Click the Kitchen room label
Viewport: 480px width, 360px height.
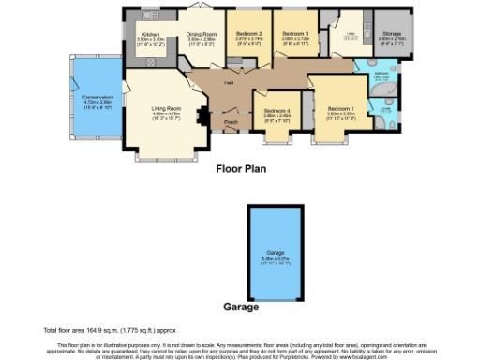coord(150,34)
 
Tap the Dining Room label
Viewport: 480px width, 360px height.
coord(202,34)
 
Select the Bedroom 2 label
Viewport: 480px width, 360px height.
coord(247,34)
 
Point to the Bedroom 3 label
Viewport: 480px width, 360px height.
coord(294,34)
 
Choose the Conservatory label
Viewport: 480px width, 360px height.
coord(97,97)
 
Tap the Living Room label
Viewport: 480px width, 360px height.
coord(165,108)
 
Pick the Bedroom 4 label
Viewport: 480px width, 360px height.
coord(277,111)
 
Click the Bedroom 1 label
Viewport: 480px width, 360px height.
coord(338,109)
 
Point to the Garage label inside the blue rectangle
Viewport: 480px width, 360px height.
coord(275,253)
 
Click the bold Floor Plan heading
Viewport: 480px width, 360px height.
coord(241,170)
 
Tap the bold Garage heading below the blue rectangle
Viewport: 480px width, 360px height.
coord(241,307)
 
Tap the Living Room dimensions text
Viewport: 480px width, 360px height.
coord(165,116)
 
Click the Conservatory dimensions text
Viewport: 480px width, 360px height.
coord(97,106)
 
